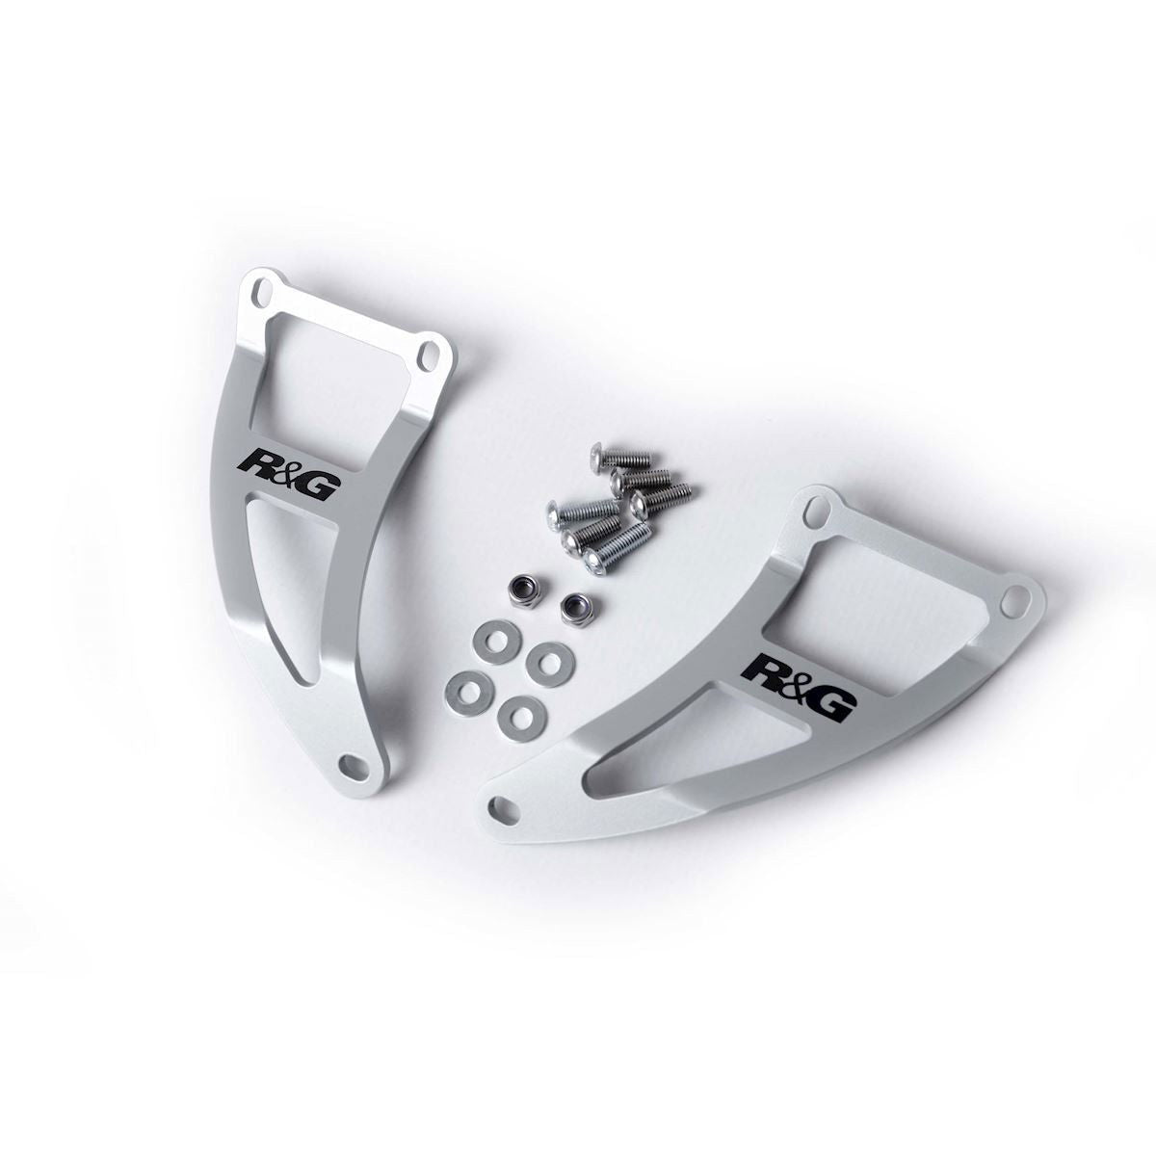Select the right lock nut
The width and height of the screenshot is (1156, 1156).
579,607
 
